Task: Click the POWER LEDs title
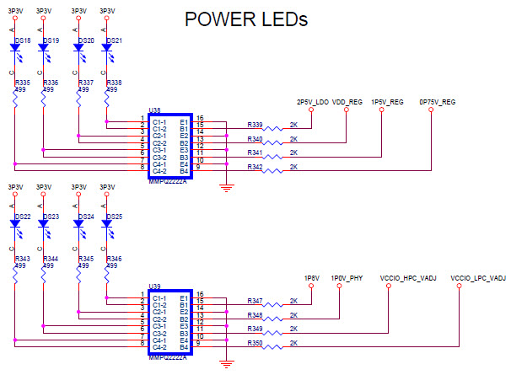pyautogui.click(x=246, y=19)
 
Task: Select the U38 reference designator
pyautogui.click(x=153, y=110)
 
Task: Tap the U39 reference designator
pyautogui.click(x=153, y=287)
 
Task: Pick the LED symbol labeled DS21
pyautogui.click(x=106, y=49)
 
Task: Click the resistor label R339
pyautogui.click(x=255, y=125)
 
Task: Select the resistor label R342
pyautogui.click(x=255, y=168)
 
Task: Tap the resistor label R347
pyautogui.click(x=255, y=301)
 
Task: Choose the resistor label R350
pyautogui.click(x=255, y=344)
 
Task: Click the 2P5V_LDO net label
pyautogui.click(x=312, y=102)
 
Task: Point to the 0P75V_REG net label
pyautogui.click(x=437, y=102)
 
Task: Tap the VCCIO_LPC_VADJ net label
pyautogui.click(x=477, y=277)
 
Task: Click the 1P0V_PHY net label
pyautogui.click(x=347, y=277)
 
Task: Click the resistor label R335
pyautogui.click(x=23, y=83)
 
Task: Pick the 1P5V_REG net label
pyautogui.click(x=385, y=102)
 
